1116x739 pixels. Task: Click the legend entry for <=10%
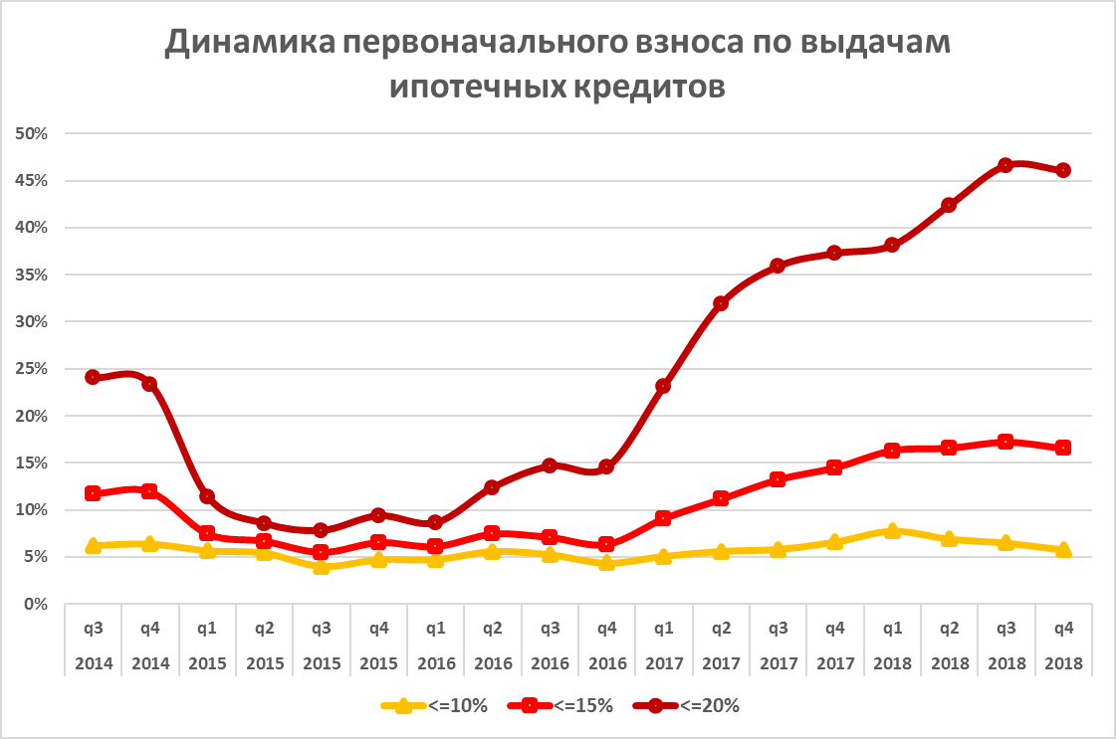pyautogui.click(x=435, y=706)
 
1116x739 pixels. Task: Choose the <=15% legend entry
pyautogui.click(x=560, y=706)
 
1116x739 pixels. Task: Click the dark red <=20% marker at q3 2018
pyautogui.click(x=1005, y=165)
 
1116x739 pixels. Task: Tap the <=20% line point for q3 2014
pyautogui.click(x=93, y=377)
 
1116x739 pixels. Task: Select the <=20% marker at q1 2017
pyautogui.click(x=663, y=386)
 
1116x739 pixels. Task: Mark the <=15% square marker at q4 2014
pyautogui.click(x=149, y=491)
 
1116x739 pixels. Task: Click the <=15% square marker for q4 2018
pyautogui.click(x=1063, y=448)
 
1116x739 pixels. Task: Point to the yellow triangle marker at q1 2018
pyautogui.click(x=892, y=531)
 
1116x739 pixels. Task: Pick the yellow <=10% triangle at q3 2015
pyautogui.click(x=321, y=566)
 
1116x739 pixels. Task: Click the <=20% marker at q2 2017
pyautogui.click(x=721, y=303)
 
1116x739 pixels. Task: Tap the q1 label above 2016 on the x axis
pyautogui.click(x=435, y=628)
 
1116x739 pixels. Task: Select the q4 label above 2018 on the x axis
pyautogui.click(x=1063, y=628)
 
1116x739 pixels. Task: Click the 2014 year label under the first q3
pyautogui.click(x=93, y=661)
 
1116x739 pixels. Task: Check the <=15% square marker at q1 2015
pyautogui.click(x=207, y=534)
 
